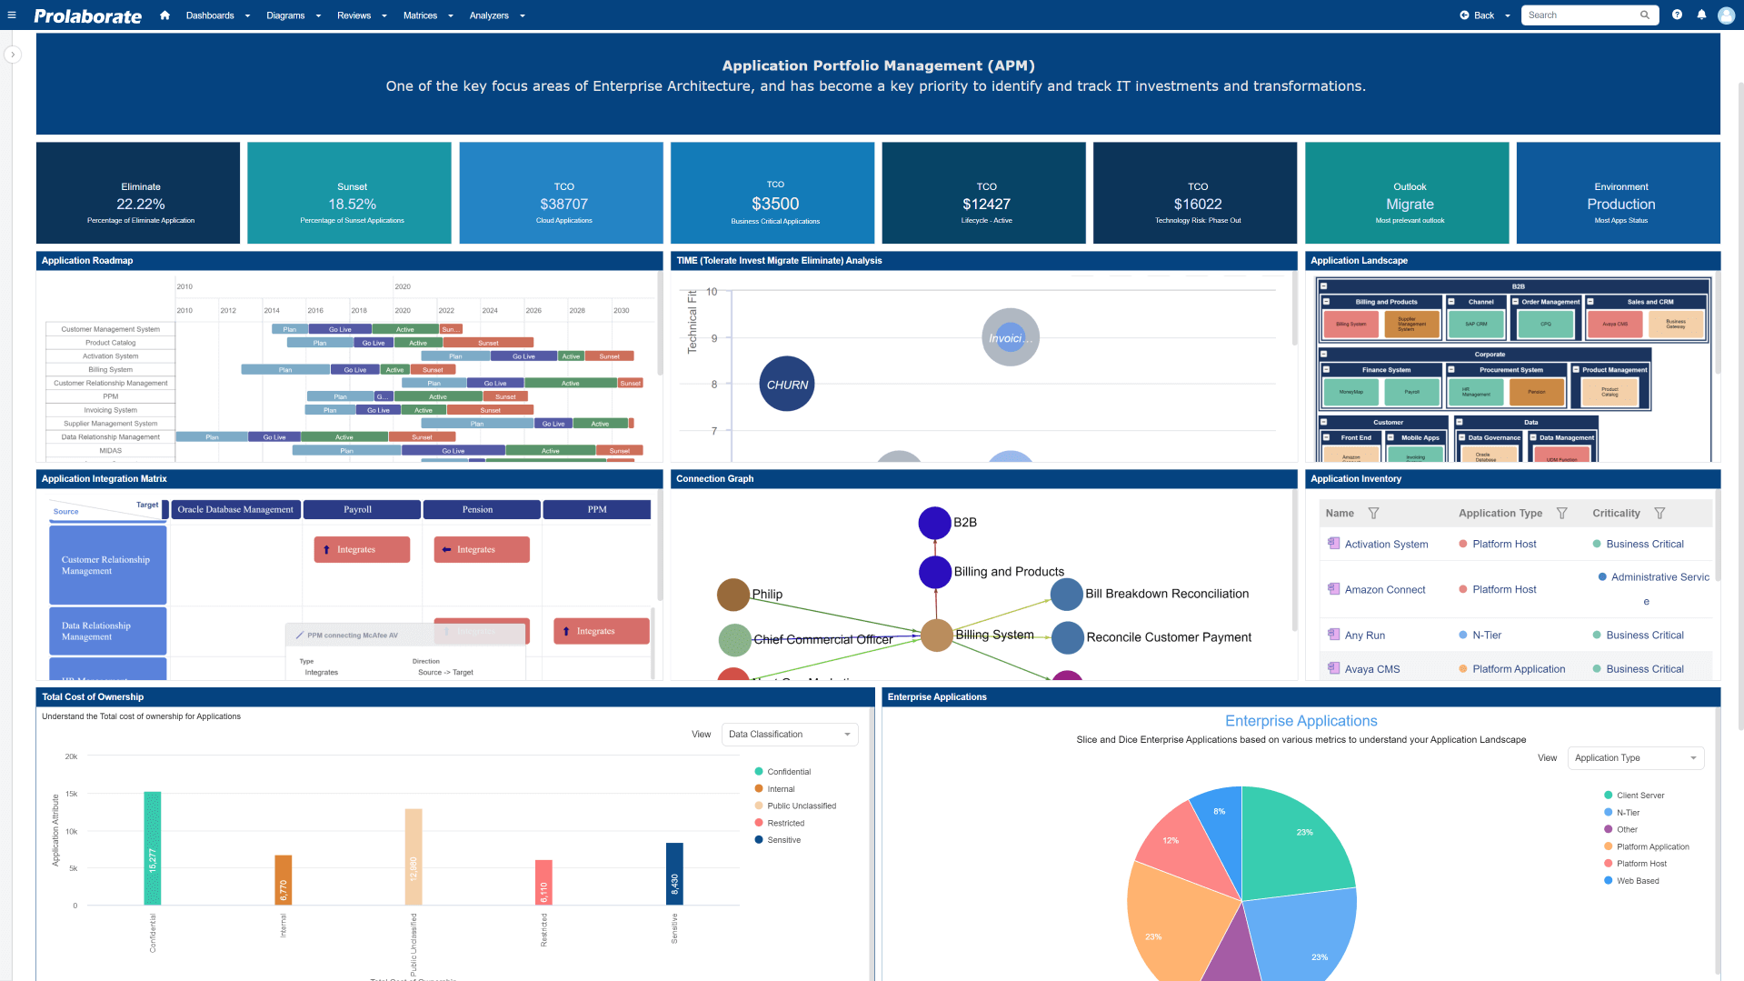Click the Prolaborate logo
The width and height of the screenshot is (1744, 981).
(x=87, y=15)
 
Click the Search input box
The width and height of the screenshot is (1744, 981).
(x=1581, y=15)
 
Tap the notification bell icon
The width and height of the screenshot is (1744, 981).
(x=1701, y=15)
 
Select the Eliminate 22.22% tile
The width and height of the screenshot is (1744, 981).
(x=138, y=193)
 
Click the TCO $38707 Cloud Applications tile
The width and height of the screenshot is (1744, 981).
(x=561, y=193)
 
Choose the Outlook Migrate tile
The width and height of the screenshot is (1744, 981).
(x=1407, y=193)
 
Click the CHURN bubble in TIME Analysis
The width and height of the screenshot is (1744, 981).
(x=786, y=384)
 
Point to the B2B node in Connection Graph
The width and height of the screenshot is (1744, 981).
(x=934, y=523)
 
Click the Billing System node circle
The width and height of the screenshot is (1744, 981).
(x=936, y=636)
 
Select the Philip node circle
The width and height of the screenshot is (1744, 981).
(x=732, y=595)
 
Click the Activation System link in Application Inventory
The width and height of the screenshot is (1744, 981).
(x=1386, y=545)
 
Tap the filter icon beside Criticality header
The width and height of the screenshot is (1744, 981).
(x=1659, y=514)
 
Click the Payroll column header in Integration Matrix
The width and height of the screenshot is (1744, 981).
(x=361, y=510)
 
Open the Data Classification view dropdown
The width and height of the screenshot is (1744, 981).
(x=789, y=735)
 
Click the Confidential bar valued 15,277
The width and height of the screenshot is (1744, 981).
(x=152, y=847)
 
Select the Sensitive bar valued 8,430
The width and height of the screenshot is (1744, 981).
(x=674, y=873)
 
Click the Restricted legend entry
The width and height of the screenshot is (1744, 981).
(x=785, y=824)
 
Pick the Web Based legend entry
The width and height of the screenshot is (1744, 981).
(x=1637, y=881)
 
